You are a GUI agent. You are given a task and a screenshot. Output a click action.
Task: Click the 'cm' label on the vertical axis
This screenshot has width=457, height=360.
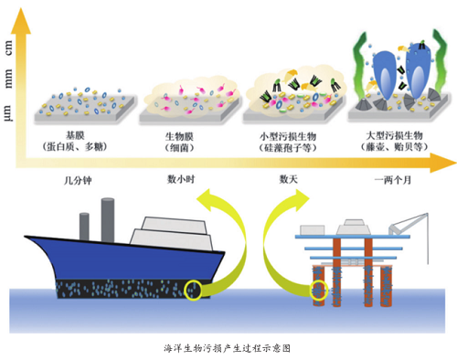[10, 51]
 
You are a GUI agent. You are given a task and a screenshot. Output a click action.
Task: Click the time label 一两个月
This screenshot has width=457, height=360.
[393, 180]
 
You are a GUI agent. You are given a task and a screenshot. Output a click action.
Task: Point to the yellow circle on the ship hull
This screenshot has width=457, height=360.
[193, 291]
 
